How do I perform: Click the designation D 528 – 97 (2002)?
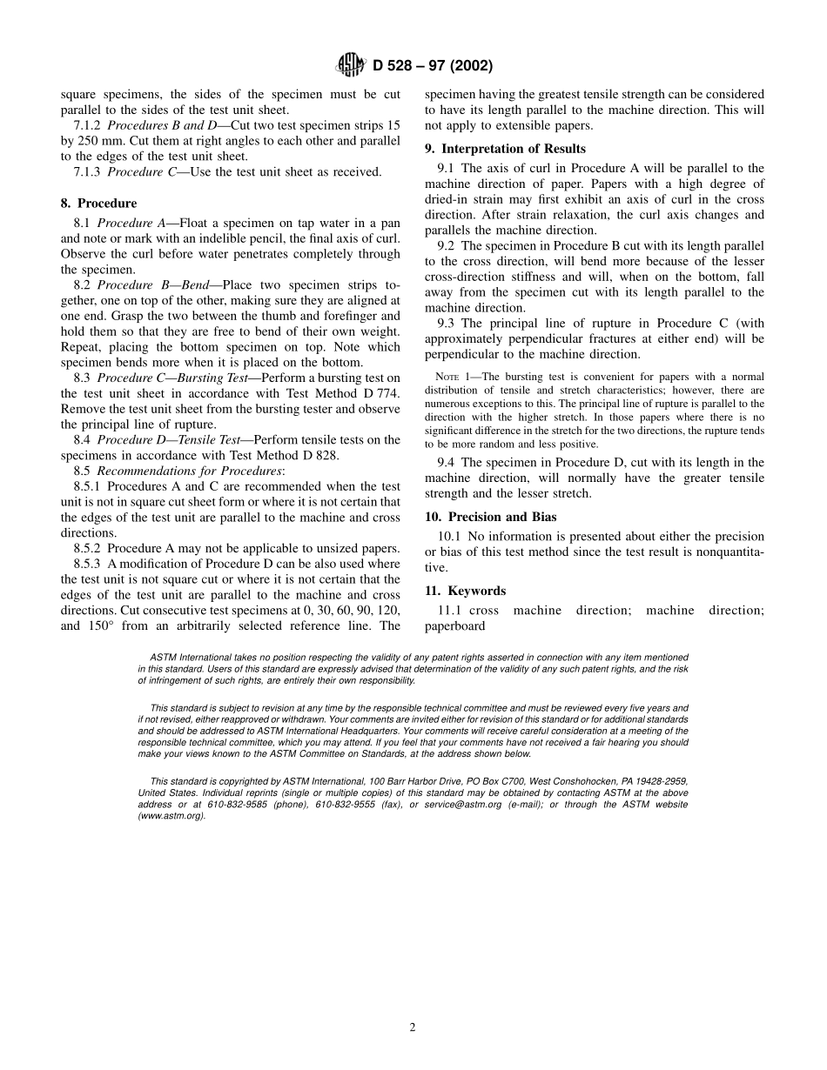(432, 66)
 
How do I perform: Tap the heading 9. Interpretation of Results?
(505, 149)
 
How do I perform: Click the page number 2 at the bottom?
(413, 1027)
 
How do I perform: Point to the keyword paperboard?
(454, 625)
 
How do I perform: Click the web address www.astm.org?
(171, 816)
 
